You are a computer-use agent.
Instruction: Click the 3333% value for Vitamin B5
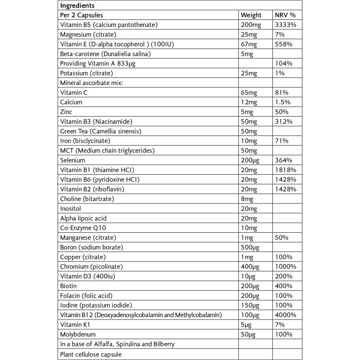tap(285, 25)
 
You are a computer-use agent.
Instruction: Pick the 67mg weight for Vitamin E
tap(250, 45)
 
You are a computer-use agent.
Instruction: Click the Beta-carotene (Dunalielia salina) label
tap(105, 54)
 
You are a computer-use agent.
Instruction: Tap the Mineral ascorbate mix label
tap(91, 83)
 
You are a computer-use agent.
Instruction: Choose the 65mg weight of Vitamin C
tap(250, 93)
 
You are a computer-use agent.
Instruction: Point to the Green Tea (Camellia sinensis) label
tap(101, 131)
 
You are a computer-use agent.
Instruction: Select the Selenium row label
tap(72, 160)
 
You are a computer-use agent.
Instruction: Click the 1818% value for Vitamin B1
tap(285, 170)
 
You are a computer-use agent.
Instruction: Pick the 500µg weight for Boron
tap(251, 247)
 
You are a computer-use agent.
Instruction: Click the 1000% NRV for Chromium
tap(285, 266)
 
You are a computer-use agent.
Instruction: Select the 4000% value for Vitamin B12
tap(285, 315)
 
